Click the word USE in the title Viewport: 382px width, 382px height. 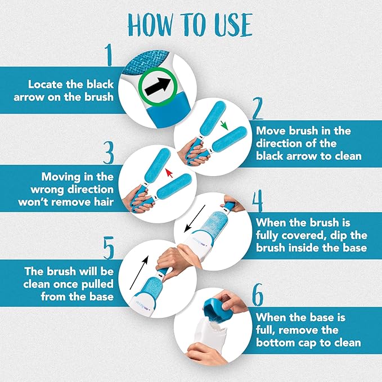233,25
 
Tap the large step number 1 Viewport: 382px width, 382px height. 109,55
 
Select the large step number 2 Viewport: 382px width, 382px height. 257,109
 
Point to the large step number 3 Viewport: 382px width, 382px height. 109,153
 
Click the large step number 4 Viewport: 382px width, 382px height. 257,201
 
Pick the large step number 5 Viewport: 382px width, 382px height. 109,248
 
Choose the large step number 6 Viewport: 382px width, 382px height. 258,295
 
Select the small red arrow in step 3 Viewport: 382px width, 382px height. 169,173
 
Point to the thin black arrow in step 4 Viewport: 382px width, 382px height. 195,219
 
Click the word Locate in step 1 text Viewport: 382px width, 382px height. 46,84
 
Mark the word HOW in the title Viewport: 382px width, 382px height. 150,25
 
